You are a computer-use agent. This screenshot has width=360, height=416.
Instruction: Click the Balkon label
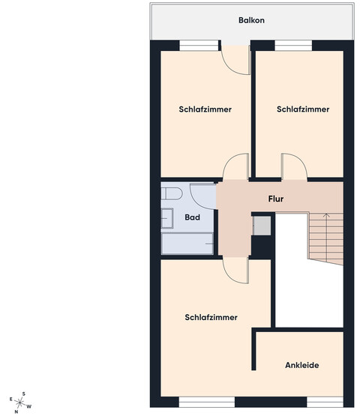tap(251, 20)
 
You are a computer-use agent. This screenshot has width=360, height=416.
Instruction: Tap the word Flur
tap(276, 199)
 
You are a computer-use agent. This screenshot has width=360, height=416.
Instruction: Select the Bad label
tap(192, 217)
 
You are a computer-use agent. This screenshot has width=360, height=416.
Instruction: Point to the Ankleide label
tap(301, 365)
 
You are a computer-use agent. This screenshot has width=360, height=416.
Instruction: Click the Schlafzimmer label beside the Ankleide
tap(211, 317)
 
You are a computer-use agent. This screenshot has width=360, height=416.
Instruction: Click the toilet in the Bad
tap(172, 193)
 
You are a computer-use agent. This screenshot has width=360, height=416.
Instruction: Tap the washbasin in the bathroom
tap(167, 218)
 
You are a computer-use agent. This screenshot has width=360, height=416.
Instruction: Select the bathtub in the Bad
tap(187, 244)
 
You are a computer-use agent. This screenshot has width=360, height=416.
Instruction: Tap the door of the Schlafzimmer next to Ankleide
tap(236, 271)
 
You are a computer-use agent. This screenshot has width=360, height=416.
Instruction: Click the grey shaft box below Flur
tap(262, 226)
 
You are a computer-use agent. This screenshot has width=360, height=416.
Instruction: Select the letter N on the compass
tap(16, 412)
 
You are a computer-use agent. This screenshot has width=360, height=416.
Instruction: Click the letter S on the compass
tap(24, 394)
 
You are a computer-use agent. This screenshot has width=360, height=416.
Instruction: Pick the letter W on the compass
tap(29, 406)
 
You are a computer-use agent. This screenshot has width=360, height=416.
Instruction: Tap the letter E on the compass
tap(11, 399)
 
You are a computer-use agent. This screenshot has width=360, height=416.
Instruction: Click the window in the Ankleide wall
tap(325, 402)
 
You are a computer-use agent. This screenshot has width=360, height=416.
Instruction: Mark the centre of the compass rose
tap(20, 403)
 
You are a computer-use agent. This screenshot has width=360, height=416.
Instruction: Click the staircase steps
tap(325, 238)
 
